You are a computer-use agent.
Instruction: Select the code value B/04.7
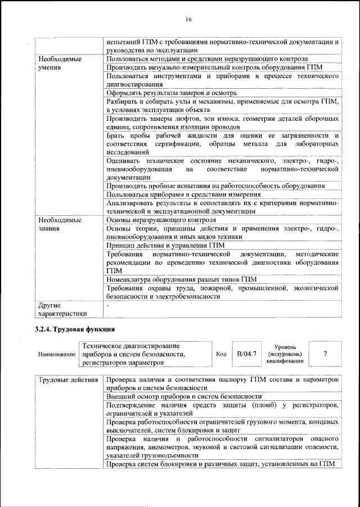246,354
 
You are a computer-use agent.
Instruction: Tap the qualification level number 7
325,354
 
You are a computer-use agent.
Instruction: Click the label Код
221,354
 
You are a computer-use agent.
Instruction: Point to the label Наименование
57,355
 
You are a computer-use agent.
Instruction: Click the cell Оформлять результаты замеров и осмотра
171,93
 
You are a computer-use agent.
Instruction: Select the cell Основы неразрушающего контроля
161,220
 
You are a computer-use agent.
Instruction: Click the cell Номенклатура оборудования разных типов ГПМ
181,279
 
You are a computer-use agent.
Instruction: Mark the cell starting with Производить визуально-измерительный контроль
222,67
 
